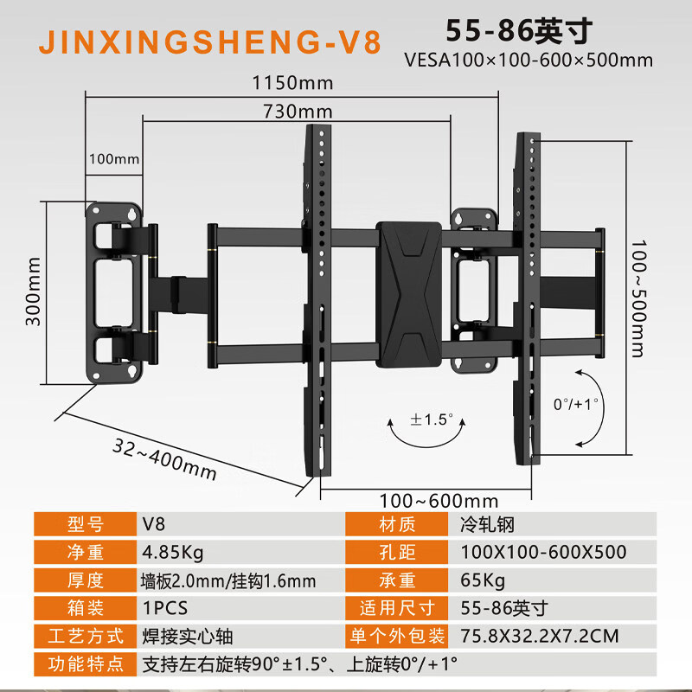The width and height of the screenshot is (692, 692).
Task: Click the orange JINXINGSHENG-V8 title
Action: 210,42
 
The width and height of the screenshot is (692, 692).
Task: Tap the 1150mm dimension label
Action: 292,83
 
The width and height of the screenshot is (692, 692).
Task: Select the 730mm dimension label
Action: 298,112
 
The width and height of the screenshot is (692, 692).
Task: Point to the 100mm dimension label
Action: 114,159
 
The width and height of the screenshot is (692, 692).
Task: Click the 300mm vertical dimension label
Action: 33,292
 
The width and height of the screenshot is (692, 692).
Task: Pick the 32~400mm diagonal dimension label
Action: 164,459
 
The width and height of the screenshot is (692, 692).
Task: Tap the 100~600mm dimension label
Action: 439,501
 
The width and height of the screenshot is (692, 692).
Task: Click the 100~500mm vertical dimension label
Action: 638,298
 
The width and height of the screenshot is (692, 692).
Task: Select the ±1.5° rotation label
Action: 432,420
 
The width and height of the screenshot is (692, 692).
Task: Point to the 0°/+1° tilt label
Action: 576,404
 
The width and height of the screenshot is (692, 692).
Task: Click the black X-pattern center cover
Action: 408,295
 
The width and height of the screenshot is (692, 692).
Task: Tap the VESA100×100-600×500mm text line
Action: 529,60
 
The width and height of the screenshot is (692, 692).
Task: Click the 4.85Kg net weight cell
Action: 172,552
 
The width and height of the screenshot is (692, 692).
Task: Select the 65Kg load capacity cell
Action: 483,580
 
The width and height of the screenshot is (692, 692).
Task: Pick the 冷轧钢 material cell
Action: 487,524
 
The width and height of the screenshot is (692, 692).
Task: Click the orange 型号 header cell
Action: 85,524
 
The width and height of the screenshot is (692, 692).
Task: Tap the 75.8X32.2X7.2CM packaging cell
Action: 539,636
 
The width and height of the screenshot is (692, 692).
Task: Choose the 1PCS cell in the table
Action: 165,608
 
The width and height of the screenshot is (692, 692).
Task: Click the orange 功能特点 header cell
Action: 85,663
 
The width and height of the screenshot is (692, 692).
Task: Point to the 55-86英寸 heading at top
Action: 518,31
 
